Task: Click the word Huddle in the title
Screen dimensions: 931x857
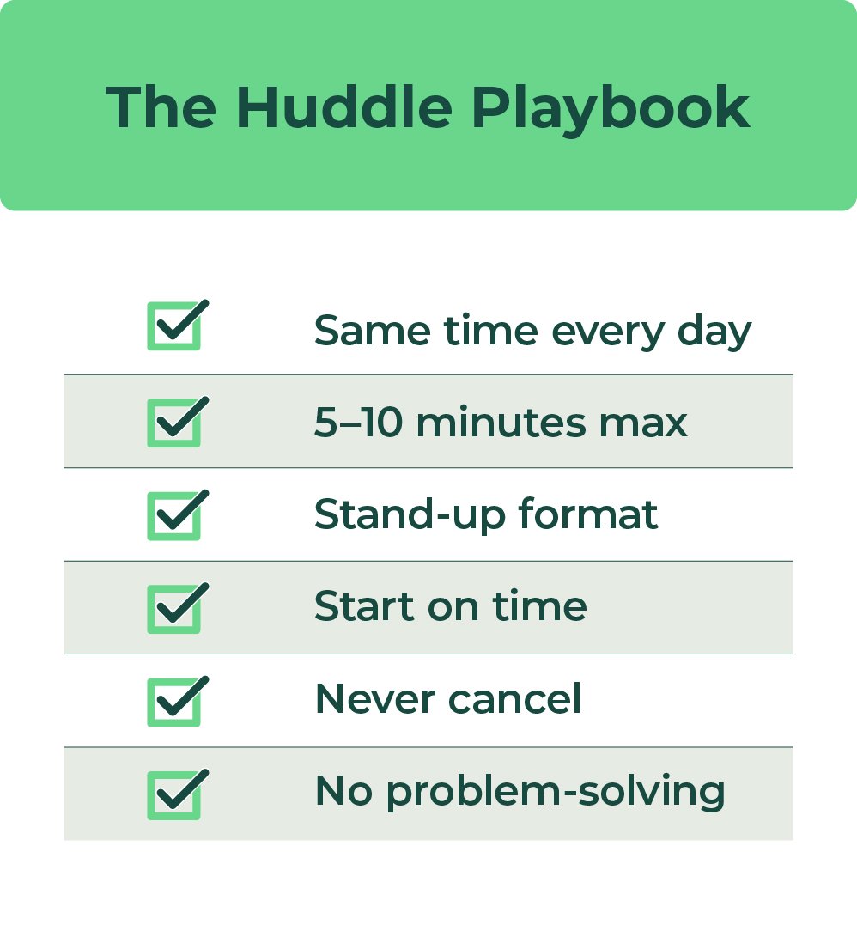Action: coord(343,107)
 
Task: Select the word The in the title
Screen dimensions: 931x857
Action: coord(161,107)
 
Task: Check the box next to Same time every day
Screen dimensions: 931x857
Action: coord(174,326)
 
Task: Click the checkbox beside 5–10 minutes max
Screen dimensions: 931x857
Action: coord(174,423)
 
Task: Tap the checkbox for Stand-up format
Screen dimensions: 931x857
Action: coord(174,515)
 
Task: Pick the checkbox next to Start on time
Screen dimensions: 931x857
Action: coord(174,609)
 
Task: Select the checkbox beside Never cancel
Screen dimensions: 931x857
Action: coord(174,702)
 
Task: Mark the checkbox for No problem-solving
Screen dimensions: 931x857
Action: coord(174,794)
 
